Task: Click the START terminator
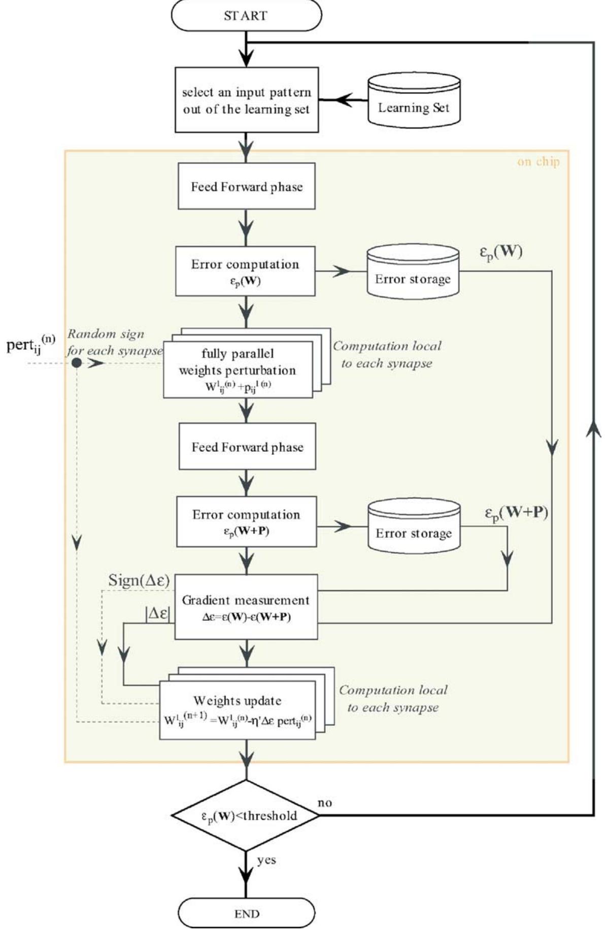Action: (x=246, y=15)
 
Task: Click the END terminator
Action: (x=247, y=914)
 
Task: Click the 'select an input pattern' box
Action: (x=246, y=100)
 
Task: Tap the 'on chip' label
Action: (x=538, y=162)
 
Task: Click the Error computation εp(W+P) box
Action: (x=246, y=521)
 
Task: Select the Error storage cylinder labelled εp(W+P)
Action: (x=414, y=526)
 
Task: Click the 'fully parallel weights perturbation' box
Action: (x=238, y=369)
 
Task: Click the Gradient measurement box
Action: (x=246, y=607)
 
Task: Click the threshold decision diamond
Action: (x=246, y=816)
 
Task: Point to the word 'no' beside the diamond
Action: (x=325, y=803)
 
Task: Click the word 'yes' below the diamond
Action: (x=266, y=860)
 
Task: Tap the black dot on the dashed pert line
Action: (x=76, y=363)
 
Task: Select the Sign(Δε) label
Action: (x=139, y=581)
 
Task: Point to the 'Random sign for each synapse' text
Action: (x=113, y=342)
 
